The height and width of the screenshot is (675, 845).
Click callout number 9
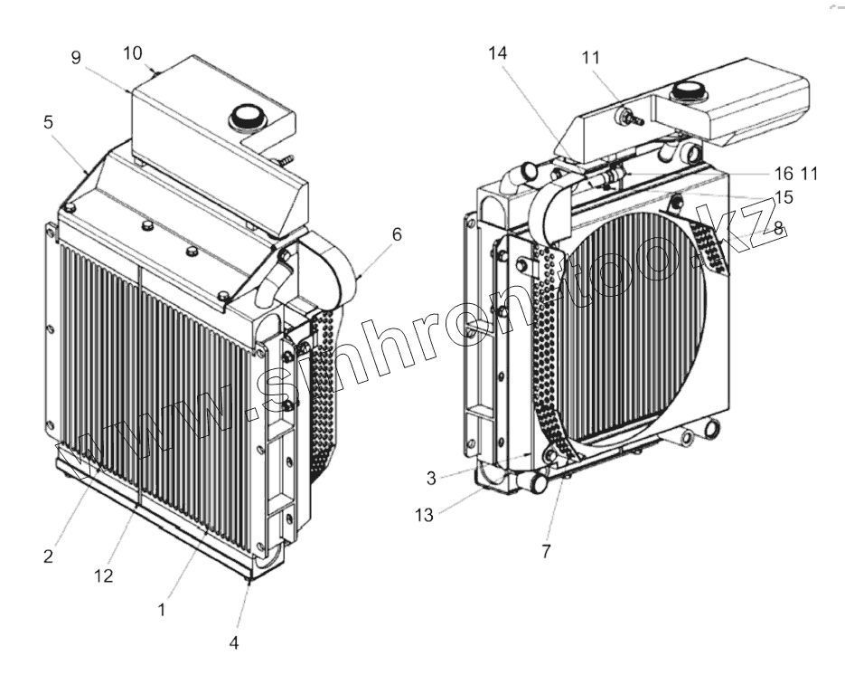(77, 57)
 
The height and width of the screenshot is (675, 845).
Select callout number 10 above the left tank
(132, 52)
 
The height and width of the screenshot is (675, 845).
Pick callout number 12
(104, 575)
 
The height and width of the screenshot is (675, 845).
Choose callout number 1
(162, 609)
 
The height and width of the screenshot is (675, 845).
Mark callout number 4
(234, 643)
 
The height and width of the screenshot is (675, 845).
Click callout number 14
(497, 53)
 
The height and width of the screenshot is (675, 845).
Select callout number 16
(784, 173)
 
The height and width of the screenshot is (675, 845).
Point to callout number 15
(783, 195)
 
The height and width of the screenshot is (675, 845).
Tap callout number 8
(778, 229)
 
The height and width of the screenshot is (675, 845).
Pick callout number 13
(424, 515)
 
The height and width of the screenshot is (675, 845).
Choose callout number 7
(546, 549)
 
